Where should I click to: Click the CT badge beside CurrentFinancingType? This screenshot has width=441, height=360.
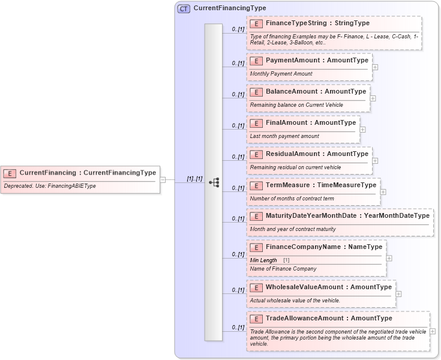[x=184, y=9]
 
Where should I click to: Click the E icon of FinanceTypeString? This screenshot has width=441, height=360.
[x=256, y=23]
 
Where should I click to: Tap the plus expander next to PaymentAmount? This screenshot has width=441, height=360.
[x=375, y=67]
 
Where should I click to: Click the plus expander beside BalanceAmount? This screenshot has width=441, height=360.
[x=373, y=98]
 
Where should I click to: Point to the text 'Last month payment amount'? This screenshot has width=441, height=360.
[x=284, y=136]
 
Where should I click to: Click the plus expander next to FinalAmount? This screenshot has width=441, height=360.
[x=362, y=130]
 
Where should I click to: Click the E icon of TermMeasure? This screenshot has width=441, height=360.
[x=256, y=185]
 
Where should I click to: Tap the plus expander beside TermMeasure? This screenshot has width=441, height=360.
[x=383, y=192]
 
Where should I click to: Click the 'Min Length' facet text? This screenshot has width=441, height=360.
[x=263, y=260]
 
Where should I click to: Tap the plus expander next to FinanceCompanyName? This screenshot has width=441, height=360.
[x=389, y=258]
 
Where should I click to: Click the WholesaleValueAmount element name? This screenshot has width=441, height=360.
[x=298, y=287]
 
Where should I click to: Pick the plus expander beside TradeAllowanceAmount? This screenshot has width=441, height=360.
[x=433, y=331]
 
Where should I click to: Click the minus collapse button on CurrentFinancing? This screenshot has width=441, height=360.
[x=163, y=179]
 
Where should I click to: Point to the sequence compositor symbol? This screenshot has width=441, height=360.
[x=214, y=182]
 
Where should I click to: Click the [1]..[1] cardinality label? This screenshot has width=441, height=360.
[x=194, y=179]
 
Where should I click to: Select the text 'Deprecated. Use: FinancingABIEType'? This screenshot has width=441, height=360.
[x=49, y=187]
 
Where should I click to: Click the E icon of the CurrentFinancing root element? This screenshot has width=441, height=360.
[x=10, y=173]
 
